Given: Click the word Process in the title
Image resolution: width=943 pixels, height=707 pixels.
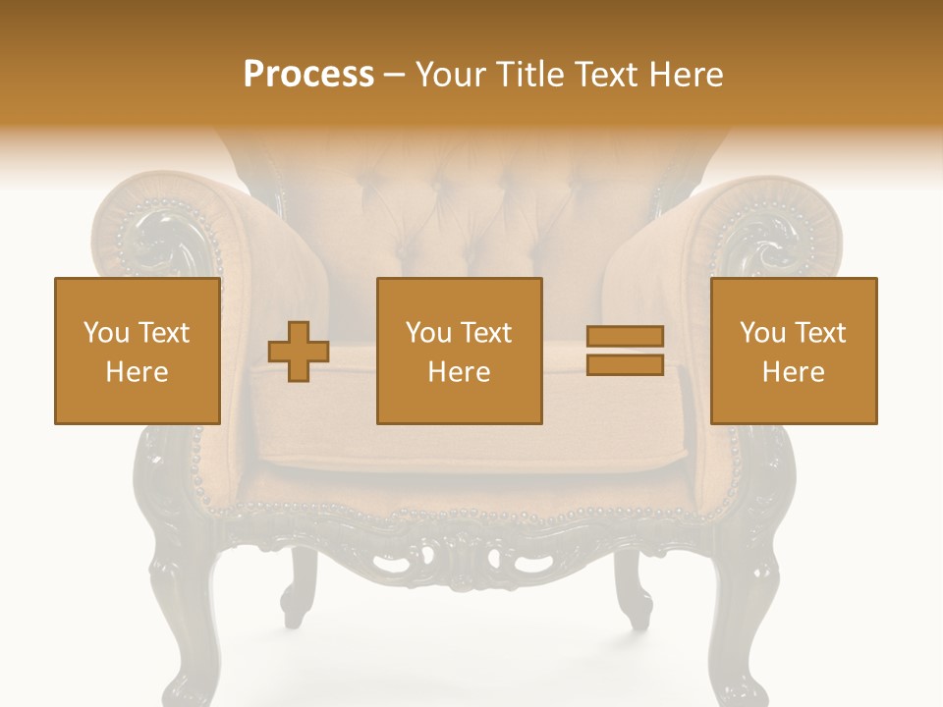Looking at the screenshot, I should pyautogui.click(x=308, y=75).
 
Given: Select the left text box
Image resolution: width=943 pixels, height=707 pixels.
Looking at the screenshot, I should pyautogui.click(x=137, y=351).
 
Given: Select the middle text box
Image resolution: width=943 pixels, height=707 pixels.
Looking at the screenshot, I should pyautogui.click(x=459, y=351).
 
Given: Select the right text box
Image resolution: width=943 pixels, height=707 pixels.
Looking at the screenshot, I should pyautogui.click(x=793, y=351).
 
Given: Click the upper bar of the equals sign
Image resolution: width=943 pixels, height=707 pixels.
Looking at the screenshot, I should pyautogui.click(x=625, y=337).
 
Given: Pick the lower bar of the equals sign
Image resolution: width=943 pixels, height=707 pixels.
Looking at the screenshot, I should pyautogui.click(x=625, y=365).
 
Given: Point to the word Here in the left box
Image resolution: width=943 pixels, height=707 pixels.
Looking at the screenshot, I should pyautogui.click(x=137, y=372).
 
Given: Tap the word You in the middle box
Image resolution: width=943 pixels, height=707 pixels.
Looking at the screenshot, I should pyautogui.click(x=428, y=333).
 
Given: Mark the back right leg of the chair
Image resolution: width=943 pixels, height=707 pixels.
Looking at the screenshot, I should pyautogui.click(x=634, y=589).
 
